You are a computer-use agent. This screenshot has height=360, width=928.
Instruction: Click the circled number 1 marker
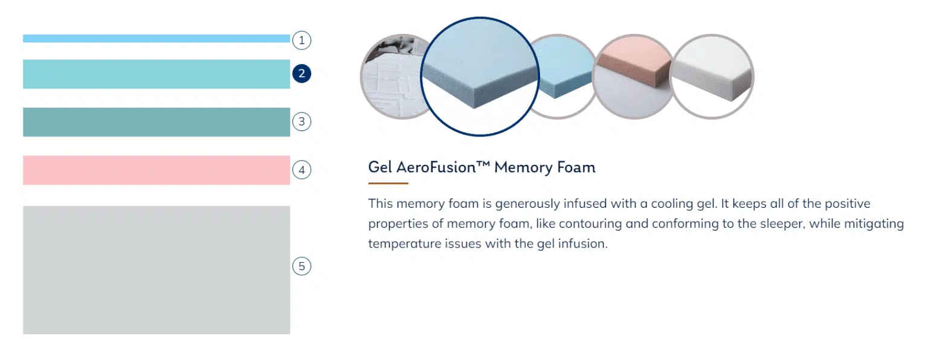coord(301,40)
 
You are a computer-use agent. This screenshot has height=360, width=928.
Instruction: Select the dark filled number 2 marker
coord(301,73)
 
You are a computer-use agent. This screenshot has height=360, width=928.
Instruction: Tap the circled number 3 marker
coord(301,121)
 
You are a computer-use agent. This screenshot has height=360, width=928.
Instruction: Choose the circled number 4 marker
coord(301,170)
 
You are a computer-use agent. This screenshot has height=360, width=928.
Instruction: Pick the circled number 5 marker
coord(301,266)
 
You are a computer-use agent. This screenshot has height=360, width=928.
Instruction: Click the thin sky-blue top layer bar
coord(156,39)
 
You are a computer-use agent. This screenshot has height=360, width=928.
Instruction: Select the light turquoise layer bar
coord(156,74)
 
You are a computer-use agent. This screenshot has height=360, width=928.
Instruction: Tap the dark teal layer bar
coord(156,122)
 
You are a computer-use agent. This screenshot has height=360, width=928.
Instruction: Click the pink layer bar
coord(156,170)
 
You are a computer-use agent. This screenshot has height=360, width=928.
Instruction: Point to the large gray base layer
coord(156,270)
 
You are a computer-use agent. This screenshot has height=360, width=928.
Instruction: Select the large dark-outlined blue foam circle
coord(480,77)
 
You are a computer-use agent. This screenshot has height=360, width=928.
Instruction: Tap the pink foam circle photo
coord(633,77)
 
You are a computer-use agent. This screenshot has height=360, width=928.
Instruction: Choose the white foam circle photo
coord(712,77)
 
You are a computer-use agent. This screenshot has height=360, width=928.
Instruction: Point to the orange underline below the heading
coord(388,183)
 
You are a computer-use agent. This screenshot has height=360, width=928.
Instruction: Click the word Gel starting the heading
coord(380,167)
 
